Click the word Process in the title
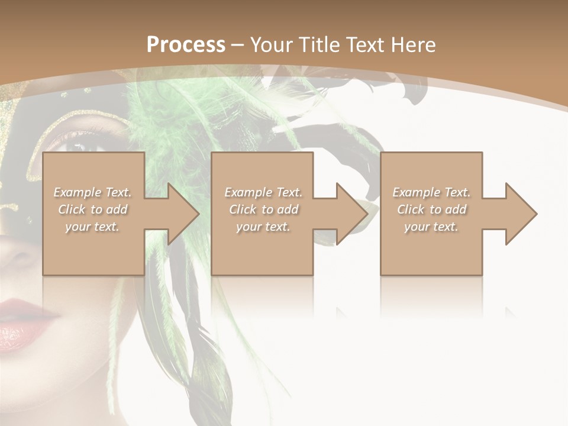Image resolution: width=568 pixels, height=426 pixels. pos(186,45)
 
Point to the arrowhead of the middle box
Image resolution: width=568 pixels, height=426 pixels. pos(348,214)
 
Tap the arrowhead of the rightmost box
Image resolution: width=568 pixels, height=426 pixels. pos(517,214)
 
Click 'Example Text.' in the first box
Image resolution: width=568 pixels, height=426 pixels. pos(92,192)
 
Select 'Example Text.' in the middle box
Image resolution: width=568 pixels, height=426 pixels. pos(263,192)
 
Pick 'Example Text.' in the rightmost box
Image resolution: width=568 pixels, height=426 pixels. pos(431,192)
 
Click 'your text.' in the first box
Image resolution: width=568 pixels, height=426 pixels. pos(92,227)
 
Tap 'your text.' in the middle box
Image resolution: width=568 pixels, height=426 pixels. pos(263,227)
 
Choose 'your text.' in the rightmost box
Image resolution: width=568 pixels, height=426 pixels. pos(431,227)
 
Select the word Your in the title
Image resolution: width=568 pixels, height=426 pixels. pos(271,45)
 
